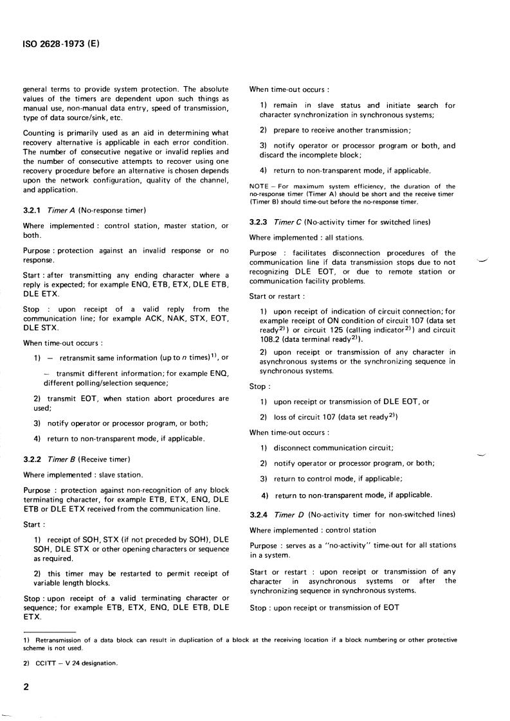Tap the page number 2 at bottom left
(x=26, y=687)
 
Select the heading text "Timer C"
(x=287, y=222)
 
